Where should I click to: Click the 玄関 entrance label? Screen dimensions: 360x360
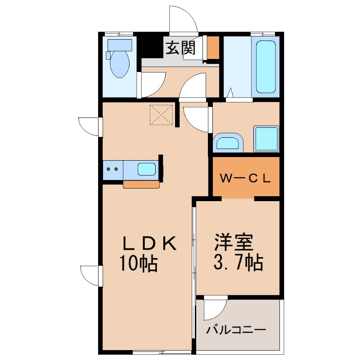point(180,48)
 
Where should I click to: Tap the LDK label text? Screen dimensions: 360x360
point(150,243)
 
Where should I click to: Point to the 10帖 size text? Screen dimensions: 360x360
point(138,263)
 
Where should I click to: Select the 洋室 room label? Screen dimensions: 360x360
point(234,242)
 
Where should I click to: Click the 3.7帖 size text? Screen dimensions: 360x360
point(238,262)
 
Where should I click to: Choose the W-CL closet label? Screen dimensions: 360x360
point(245,178)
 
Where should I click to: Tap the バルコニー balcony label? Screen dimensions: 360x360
point(236,330)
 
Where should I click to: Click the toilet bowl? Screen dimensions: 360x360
point(119,63)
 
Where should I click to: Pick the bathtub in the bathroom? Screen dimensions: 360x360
point(265,67)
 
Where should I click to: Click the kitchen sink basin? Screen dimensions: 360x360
point(147,169)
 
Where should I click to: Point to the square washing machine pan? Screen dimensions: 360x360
point(266,139)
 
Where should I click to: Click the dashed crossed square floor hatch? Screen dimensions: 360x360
point(161,115)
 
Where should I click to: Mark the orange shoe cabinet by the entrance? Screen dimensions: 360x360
point(213,48)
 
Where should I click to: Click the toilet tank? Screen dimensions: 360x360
point(120,45)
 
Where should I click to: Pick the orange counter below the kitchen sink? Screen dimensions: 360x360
point(141,184)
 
